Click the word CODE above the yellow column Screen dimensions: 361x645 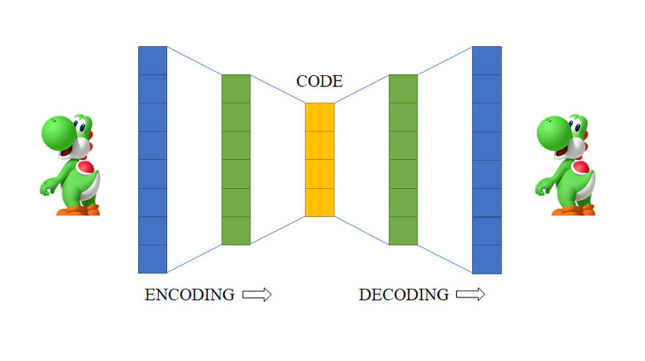click(319, 82)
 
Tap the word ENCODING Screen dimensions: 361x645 click(190, 295)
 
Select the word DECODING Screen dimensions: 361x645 click(403, 295)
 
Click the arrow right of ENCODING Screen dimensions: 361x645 click(257, 295)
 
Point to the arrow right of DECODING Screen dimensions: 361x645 click(471, 295)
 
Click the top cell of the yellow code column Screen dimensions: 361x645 click(319, 117)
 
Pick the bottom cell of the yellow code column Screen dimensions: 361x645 click(319, 202)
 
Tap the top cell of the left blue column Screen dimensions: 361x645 click(153, 60)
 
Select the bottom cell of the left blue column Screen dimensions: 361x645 click(153, 259)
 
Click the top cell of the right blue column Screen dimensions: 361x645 click(487, 60)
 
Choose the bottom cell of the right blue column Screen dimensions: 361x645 click(487, 259)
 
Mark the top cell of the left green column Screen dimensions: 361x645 click(236, 89)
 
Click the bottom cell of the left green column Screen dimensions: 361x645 click(236, 231)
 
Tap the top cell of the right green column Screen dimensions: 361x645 click(403, 89)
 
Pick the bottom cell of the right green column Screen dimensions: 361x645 click(403, 231)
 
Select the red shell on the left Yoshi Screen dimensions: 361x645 click(86, 168)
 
